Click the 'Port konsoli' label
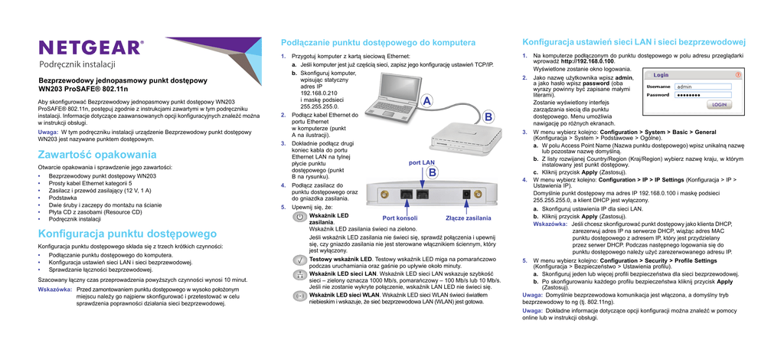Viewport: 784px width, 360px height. point(399,218)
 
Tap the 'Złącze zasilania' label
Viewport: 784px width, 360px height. point(468,218)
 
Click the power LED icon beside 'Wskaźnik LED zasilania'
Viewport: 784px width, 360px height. point(300,219)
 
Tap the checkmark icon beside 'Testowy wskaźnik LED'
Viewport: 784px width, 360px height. point(300,261)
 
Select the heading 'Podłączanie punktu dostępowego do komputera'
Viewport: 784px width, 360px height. point(378,42)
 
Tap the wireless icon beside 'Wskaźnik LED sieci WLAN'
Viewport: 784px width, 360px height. point(300,295)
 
